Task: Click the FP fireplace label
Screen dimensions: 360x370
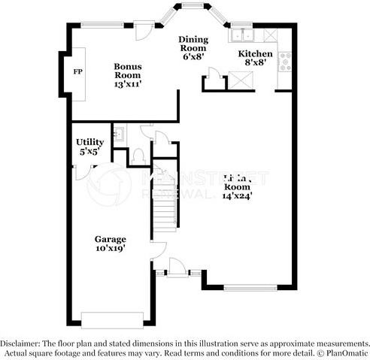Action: point(77,72)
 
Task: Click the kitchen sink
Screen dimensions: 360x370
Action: point(243,35)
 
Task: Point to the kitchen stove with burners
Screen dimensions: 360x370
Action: point(285,62)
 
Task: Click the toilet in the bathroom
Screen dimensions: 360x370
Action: point(138,156)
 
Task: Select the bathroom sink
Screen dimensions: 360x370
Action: point(118,135)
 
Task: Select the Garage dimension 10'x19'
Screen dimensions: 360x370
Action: point(110,248)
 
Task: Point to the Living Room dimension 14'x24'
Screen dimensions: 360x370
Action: point(237,195)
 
